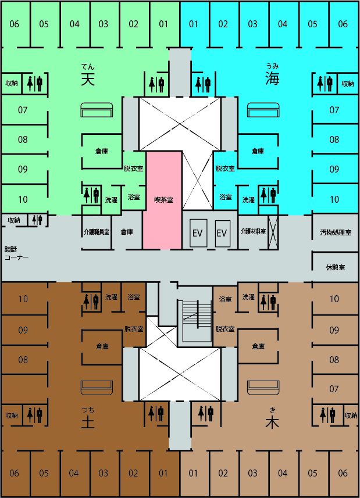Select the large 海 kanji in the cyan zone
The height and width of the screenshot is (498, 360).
pyautogui.click(x=272, y=78)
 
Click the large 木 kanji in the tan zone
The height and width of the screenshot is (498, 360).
pyautogui.click(x=272, y=423)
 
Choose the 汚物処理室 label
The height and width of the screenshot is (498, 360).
pyautogui.click(x=336, y=232)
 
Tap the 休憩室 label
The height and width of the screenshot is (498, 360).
pyautogui.click(x=336, y=267)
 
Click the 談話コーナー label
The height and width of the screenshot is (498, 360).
pyautogui.click(x=16, y=253)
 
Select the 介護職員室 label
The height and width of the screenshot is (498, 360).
pyautogui.click(x=96, y=232)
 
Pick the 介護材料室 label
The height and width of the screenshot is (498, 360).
pyautogui.click(x=252, y=232)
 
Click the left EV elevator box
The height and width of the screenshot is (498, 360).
pyautogui.click(x=197, y=233)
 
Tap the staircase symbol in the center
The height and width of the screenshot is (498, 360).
pyautogui.click(x=197, y=321)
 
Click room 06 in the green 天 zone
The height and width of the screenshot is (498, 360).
pyautogui.click(x=15, y=24)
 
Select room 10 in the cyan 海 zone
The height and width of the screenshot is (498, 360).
pyautogui.click(x=334, y=199)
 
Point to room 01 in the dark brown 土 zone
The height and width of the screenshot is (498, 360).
pyautogui.click(x=163, y=473)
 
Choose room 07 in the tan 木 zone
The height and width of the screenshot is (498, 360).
pyautogui.click(x=334, y=389)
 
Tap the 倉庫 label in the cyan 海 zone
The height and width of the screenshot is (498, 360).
pyautogui.click(x=257, y=151)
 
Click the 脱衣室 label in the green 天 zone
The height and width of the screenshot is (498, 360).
pyautogui.click(x=133, y=169)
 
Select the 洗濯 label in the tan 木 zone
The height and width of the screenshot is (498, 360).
pyautogui.click(x=248, y=297)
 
